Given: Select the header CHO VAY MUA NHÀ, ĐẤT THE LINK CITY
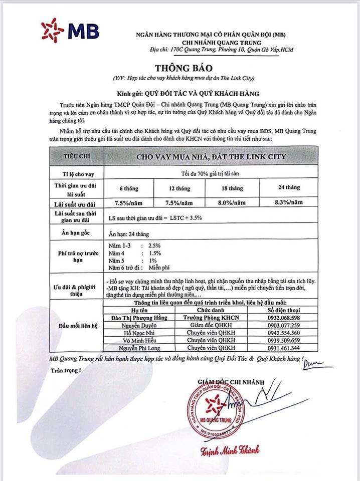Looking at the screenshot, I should coord(212,156).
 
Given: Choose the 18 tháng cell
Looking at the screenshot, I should coord(235,188).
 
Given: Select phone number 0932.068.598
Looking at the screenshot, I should coord(285,318).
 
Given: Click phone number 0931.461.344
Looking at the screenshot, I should coord(285,347).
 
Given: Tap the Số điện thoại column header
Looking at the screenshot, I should coord(285,311).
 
